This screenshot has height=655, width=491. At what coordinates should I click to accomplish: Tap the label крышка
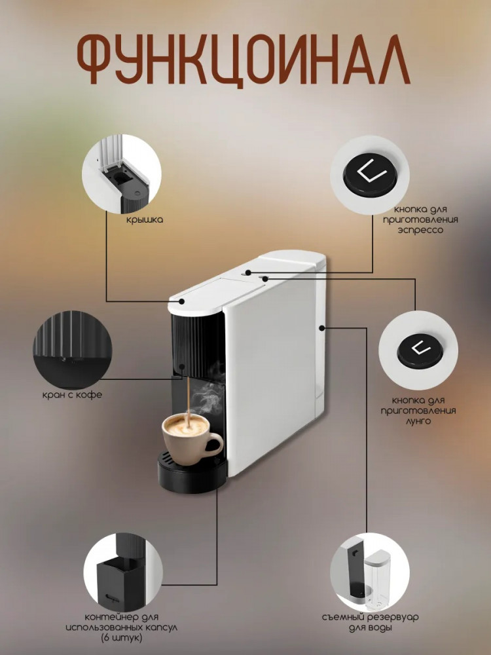(145, 220)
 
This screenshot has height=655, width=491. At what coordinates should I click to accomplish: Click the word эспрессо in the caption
(420, 230)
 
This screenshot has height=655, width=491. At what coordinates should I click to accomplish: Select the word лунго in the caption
(418, 421)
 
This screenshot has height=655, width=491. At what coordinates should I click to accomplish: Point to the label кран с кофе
(72, 395)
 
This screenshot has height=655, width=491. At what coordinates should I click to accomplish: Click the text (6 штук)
(122, 638)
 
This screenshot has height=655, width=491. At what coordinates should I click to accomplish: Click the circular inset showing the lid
(122, 174)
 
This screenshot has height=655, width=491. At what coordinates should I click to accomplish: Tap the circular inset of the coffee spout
(73, 350)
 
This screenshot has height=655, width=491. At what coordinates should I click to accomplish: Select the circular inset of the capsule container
(123, 572)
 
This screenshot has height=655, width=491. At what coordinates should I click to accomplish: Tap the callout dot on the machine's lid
(182, 301)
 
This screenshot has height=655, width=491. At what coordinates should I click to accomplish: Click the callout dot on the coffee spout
(182, 366)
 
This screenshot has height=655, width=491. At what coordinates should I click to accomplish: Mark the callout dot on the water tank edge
(322, 328)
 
